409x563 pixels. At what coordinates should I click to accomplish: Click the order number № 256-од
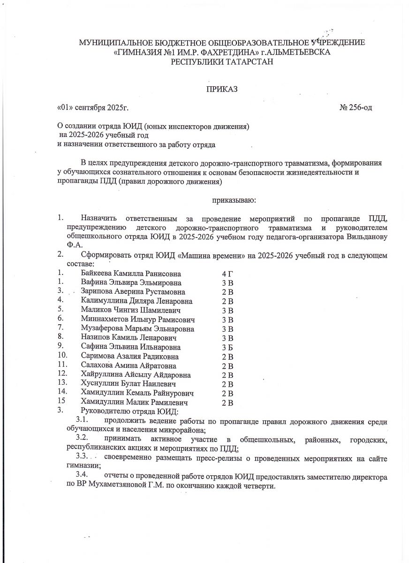pyautogui.click(x=356, y=107)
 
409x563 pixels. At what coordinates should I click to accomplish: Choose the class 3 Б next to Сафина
pyautogui.click(x=227, y=347)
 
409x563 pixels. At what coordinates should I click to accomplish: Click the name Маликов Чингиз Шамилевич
pyautogui.click(x=131, y=310)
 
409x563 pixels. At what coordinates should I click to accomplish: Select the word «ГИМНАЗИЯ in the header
pyautogui.click(x=137, y=52)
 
